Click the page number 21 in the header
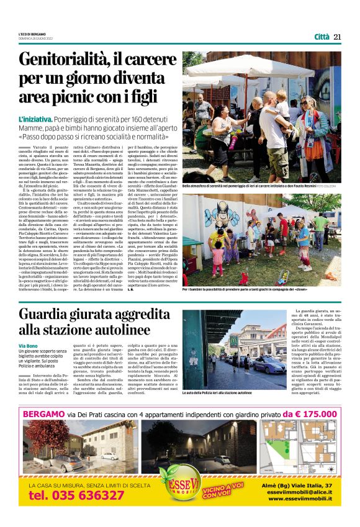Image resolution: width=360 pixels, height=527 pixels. [338, 37]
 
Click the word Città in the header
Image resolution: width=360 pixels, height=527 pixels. [322, 37]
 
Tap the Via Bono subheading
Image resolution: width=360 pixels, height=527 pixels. [28, 345]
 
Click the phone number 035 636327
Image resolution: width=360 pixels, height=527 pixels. [76, 495]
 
